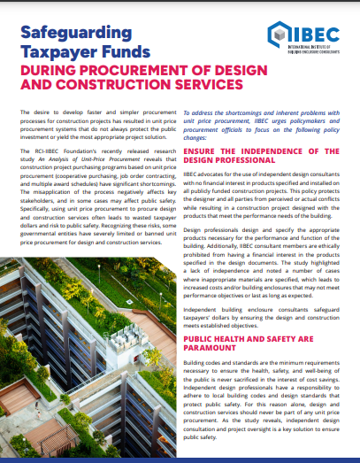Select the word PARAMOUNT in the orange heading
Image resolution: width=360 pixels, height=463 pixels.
click(x=218, y=349)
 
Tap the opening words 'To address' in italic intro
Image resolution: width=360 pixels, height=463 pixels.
click(x=198, y=117)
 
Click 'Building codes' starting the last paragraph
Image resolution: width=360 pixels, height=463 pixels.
click(x=204, y=364)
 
